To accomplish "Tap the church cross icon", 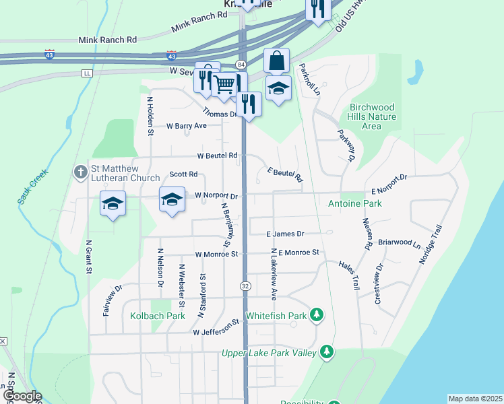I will (80, 172).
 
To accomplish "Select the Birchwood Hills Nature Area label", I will (372, 116).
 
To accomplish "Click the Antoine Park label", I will (354, 203).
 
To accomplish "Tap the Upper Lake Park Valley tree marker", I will (327, 352).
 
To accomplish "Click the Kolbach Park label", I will (158, 316).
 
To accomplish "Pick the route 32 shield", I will (246, 286).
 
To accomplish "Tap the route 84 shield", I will (241, 64).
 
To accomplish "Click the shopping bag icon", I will (277, 61).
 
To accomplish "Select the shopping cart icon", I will (224, 85).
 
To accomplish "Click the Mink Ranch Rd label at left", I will (108, 40).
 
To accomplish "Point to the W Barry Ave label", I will (186, 126).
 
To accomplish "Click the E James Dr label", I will (285, 234).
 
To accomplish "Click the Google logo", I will (22, 397).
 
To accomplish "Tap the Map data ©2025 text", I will (474, 399).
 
